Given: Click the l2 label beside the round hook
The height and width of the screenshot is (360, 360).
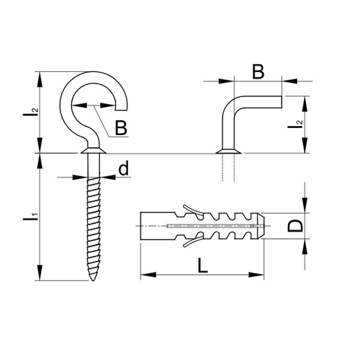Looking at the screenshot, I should pyautogui.click(x=34, y=112).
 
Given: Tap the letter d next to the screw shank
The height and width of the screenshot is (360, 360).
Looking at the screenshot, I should pyautogui.click(x=124, y=169).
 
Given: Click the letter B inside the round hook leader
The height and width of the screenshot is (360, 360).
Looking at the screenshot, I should pyautogui.click(x=121, y=127).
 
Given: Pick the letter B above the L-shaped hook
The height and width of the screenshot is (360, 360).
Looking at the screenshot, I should pyautogui.click(x=257, y=72).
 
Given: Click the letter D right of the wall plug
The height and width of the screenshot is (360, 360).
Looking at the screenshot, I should pyautogui.click(x=295, y=226).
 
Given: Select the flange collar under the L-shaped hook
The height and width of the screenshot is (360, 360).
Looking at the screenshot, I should pyautogui.click(x=229, y=150).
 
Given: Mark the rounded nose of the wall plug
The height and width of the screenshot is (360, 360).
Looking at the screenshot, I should pyautogui.click(x=263, y=226).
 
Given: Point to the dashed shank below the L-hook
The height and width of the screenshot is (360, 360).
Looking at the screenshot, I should pyautogui.click(x=229, y=168).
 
